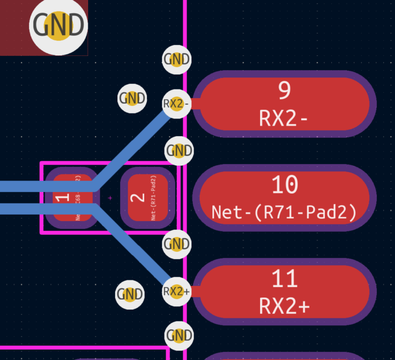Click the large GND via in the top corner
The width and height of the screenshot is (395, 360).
58,26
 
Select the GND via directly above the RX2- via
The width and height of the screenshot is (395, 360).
177,59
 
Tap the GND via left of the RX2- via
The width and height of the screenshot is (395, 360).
132,99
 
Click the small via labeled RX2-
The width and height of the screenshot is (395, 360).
176,103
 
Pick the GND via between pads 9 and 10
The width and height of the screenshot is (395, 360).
179,150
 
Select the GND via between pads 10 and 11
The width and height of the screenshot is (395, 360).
177,244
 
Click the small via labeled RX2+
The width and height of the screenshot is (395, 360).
176,291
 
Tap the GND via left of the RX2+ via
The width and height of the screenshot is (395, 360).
130,294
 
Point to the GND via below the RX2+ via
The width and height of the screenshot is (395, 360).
178,335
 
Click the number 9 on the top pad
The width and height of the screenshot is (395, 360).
284,91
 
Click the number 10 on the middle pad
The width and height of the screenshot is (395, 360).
285,185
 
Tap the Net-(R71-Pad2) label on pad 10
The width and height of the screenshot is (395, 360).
284,211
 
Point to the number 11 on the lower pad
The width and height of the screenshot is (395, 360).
285,279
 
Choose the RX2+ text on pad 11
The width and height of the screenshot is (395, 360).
284,306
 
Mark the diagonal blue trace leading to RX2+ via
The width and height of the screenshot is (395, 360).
134,247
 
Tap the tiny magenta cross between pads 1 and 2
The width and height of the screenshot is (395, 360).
110,198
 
